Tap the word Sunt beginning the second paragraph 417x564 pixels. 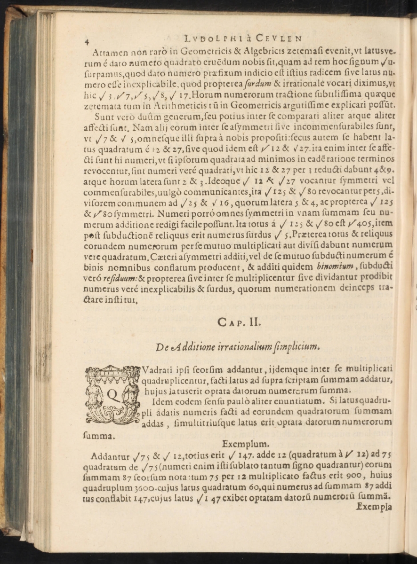pyautogui.click(x=104, y=116)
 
